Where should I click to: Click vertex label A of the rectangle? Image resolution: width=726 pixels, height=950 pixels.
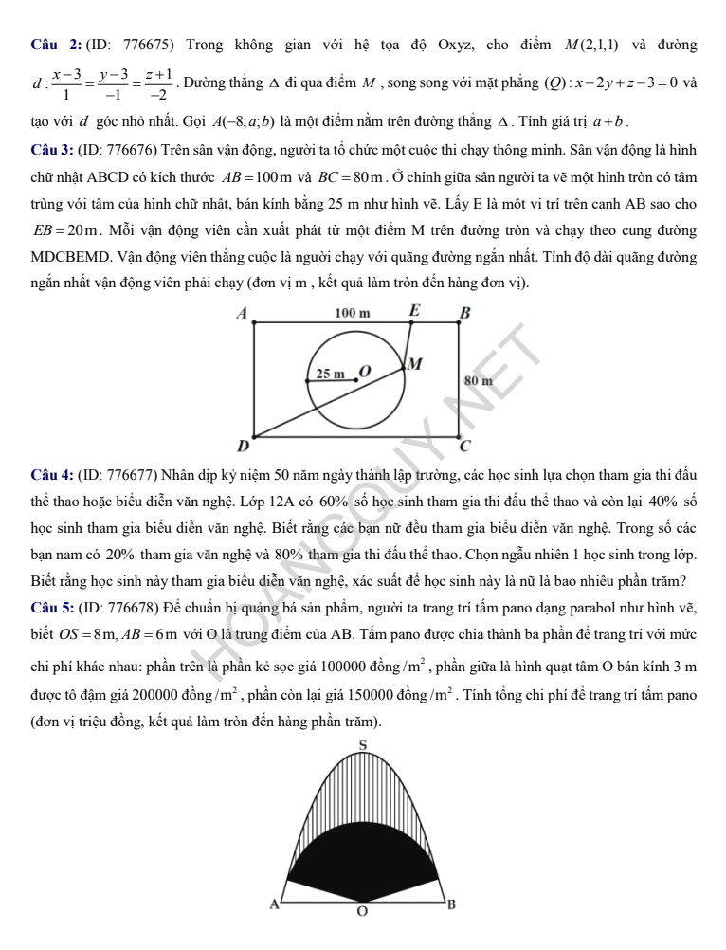click(241, 312)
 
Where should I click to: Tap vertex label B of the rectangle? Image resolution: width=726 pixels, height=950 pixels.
click(464, 312)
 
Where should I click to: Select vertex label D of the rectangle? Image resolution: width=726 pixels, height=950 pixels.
click(243, 445)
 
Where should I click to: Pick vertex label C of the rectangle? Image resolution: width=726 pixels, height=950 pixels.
click(464, 445)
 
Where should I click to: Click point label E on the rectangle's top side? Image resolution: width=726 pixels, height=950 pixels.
click(413, 309)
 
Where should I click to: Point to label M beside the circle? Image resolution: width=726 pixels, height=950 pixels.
click(415, 363)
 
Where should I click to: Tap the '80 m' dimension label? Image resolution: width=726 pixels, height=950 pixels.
click(480, 379)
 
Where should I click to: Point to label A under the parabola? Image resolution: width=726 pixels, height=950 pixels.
click(275, 904)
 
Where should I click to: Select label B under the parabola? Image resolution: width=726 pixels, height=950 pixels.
click(450, 904)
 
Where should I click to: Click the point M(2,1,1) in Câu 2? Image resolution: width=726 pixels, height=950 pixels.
click(591, 45)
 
